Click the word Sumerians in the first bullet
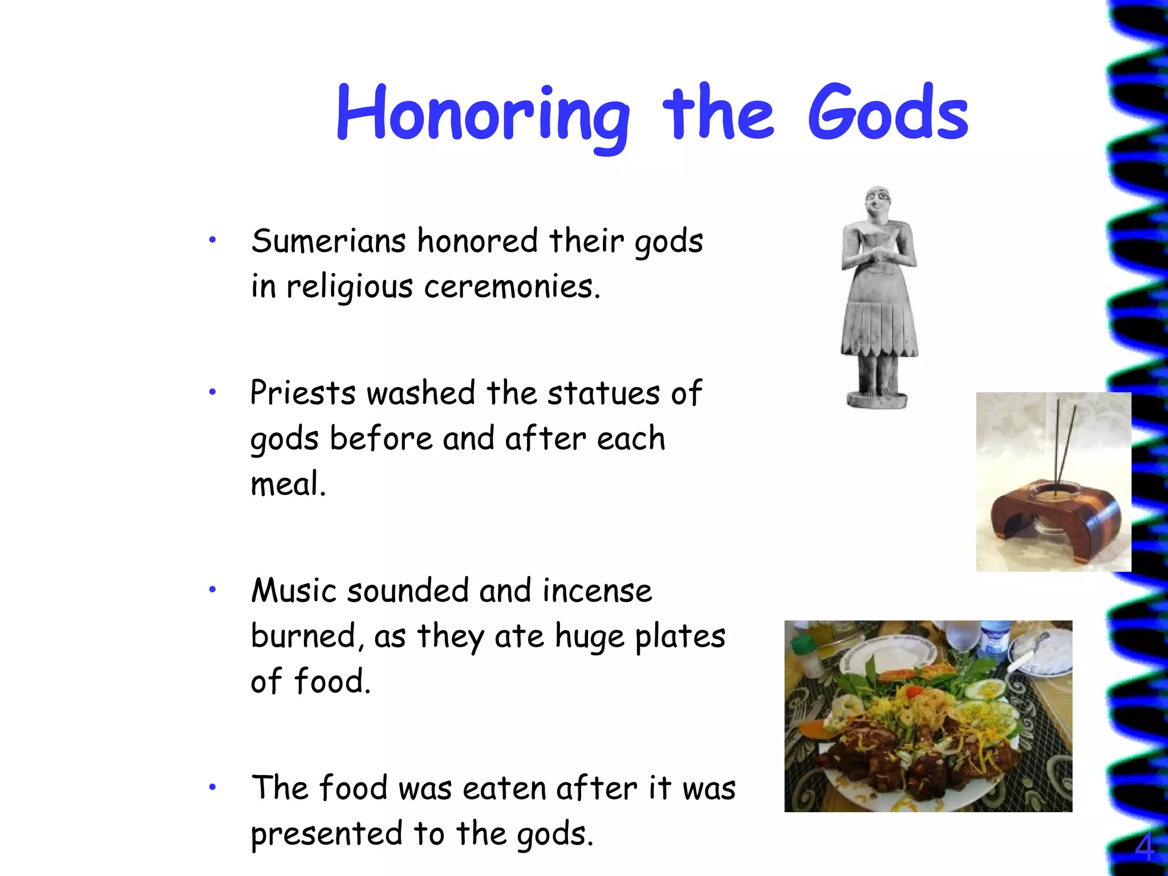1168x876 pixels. [x=328, y=241]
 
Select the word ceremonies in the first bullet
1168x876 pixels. [x=512, y=286]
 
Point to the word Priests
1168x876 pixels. [x=303, y=393]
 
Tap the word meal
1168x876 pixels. [x=288, y=484]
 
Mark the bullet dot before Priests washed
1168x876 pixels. [x=212, y=392]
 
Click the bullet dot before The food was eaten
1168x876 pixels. [x=212, y=788]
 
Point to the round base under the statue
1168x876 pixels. [x=877, y=400]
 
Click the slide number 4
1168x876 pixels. [x=1143, y=847]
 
